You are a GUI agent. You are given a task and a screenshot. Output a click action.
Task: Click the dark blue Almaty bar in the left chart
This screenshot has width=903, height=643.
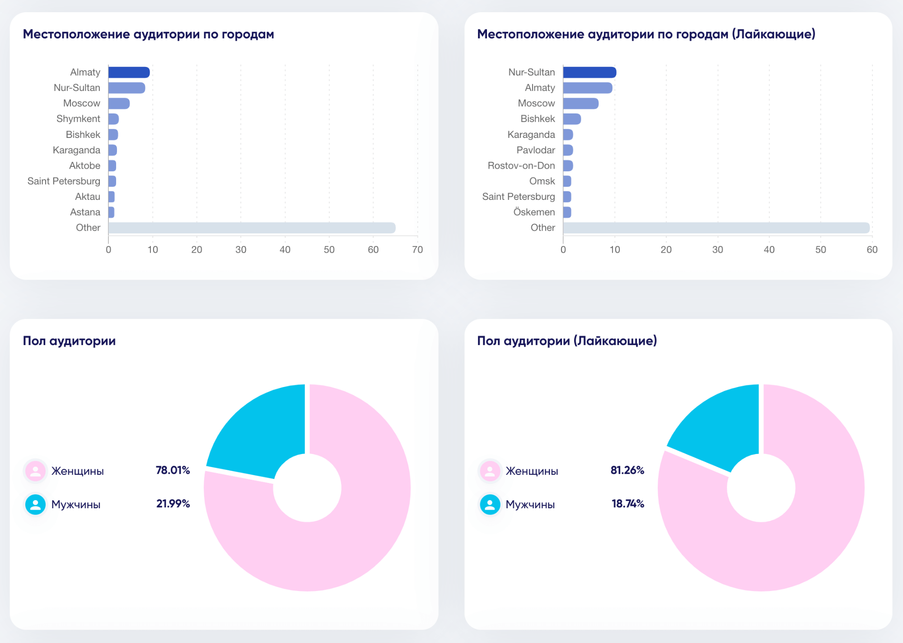click(x=129, y=72)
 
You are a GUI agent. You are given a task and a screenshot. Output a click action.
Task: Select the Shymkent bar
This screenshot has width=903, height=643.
click(x=114, y=119)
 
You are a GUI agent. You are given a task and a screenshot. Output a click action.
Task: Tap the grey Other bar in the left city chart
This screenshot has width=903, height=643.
click(x=252, y=228)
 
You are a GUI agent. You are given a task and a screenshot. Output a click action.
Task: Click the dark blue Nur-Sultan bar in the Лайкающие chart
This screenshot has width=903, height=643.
click(x=590, y=72)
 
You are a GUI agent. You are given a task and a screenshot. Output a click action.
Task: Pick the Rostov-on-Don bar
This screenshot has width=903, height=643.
click(x=568, y=165)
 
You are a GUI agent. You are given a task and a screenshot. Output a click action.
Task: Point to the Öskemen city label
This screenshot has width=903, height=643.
click(x=534, y=212)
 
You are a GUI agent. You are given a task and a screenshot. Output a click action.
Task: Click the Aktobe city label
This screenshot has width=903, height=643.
click(x=84, y=165)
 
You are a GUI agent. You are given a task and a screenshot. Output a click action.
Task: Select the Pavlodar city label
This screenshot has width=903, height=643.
click(x=536, y=150)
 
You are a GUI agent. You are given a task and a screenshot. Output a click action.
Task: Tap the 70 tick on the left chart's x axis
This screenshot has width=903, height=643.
click(x=417, y=250)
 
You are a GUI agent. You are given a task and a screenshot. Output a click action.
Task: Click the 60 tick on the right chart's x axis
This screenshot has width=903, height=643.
click(x=872, y=250)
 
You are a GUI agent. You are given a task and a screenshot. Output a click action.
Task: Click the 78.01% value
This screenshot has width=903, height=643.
click(x=173, y=470)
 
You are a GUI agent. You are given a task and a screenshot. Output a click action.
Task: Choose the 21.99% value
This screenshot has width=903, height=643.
click(x=173, y=504)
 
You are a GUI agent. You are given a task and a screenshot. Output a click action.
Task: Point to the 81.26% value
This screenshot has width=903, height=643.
click(x=627, y=470)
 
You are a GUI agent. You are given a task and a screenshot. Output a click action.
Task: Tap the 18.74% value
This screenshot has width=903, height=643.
click(x=627, y=504)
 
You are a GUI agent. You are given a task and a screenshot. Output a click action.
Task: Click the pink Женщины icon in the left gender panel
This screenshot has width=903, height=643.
click(x=35, y=471)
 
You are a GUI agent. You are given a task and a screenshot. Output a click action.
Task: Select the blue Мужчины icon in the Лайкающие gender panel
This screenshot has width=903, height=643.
click(x=490, y=505)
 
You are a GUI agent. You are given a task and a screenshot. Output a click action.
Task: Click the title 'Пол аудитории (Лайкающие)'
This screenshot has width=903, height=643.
click(x=567, y=341)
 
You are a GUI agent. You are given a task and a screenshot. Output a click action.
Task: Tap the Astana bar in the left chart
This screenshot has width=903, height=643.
click(x=112, y=212)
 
